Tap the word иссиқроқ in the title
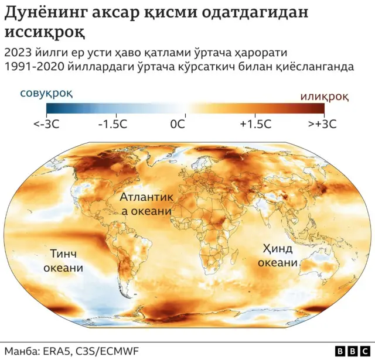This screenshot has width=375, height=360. [x=44, y=31]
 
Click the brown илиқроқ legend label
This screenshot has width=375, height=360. [x=325, y=96]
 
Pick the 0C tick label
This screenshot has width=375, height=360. [x=178, y=124]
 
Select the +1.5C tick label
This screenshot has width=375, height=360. [x=255, y=124]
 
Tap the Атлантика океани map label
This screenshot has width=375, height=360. [x=147, y=204]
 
